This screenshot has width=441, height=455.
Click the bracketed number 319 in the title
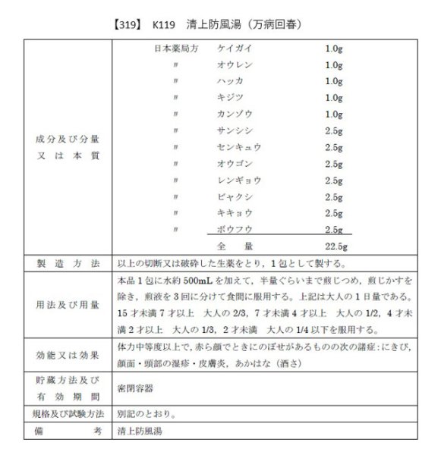pyautogui.click(x=125, y=24)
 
